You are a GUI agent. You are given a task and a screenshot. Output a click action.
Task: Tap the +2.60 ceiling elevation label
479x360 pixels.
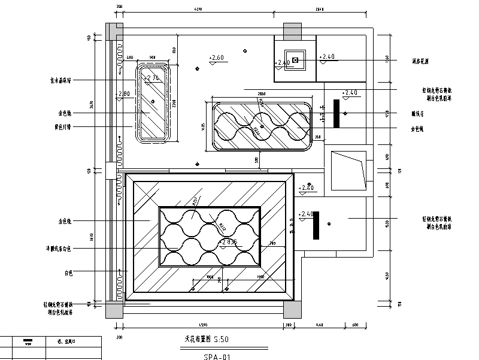(216, 58)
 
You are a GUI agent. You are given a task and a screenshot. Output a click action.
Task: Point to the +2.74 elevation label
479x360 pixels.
(153, 78)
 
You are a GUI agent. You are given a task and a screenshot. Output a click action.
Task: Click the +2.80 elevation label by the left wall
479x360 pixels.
(125, 94)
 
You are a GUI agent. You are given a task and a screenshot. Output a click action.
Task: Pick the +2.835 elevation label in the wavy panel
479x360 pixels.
(229, 242)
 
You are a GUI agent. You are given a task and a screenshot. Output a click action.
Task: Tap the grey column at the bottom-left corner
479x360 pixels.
(113, 308)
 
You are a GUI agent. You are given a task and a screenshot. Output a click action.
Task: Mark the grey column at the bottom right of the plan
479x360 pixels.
(292, 308)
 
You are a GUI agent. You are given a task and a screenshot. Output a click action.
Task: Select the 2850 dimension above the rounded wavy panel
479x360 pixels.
(260, 94)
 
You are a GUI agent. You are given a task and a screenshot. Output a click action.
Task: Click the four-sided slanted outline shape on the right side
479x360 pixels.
(348, 170)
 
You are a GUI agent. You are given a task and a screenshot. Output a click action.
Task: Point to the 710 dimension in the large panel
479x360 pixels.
(272, 244)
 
